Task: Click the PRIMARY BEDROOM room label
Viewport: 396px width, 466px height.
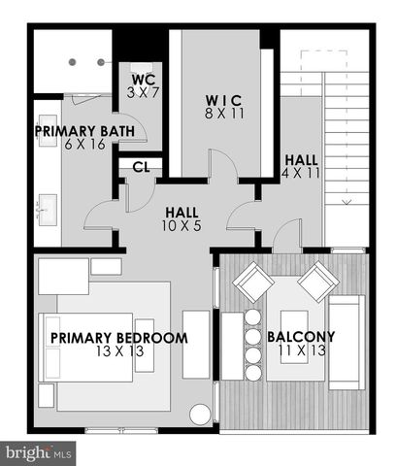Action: click(118, 338)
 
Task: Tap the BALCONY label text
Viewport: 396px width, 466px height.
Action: click(301, 338)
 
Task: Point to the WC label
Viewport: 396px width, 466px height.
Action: click(144, 79)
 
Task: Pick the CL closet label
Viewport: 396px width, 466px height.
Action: click(142, 167)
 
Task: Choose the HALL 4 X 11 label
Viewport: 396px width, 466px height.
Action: click(301, 159)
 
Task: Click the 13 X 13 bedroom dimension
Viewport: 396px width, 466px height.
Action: click(118, 351)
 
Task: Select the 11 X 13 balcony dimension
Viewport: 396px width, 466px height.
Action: click(301, 351)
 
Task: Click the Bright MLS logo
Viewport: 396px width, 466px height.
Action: click(40, 452)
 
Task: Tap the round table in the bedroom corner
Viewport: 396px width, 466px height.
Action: click(200, 415)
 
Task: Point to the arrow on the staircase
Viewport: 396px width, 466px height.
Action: click(346, 202)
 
